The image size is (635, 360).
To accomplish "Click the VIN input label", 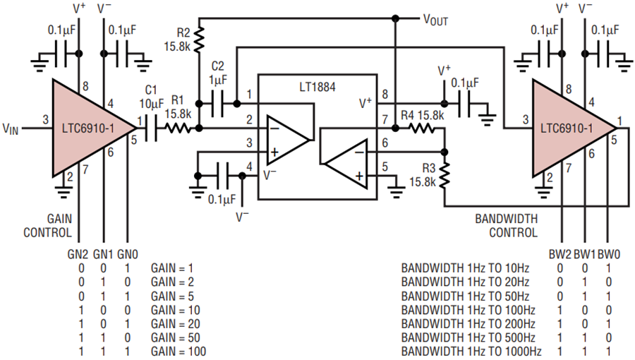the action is (x=11, y=128).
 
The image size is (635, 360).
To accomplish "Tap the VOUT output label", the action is (x=435, y=20).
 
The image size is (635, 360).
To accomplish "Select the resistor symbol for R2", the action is (x=198, y=40).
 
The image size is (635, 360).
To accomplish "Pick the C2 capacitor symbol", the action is (x=218, y=104).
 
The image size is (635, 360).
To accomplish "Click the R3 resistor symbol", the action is (x=445, y=175).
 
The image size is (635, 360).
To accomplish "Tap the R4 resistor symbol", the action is (x=422, y=128).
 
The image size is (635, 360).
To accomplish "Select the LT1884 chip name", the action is (x=317, y=87).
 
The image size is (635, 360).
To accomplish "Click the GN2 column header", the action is (x=78, y=254).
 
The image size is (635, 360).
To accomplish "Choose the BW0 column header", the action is (x=609, y=254).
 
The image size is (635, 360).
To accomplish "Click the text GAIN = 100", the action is (x=179, y=351).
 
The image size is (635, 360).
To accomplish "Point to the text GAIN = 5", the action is (x=173, y=296).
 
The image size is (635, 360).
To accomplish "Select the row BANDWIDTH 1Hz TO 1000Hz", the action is (x=471, y=351).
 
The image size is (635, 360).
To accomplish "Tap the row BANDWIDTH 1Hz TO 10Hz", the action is (x=466, y=268).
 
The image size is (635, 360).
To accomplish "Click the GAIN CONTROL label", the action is (x=48, y=226).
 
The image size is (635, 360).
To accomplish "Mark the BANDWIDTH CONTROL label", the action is (x=506, y=226).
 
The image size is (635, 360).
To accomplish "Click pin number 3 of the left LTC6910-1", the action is (x=45, y=119).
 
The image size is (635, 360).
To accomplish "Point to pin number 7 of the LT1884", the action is (x=385, y=119).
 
